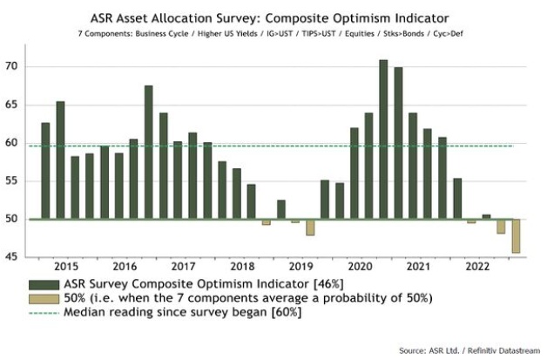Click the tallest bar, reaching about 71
[x=383, y=139]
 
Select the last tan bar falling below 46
[x=517, y=236]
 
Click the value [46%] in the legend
[x=307, y=284]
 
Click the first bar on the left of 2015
[x=45, y=171]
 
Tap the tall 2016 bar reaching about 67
[x=148, y=153]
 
